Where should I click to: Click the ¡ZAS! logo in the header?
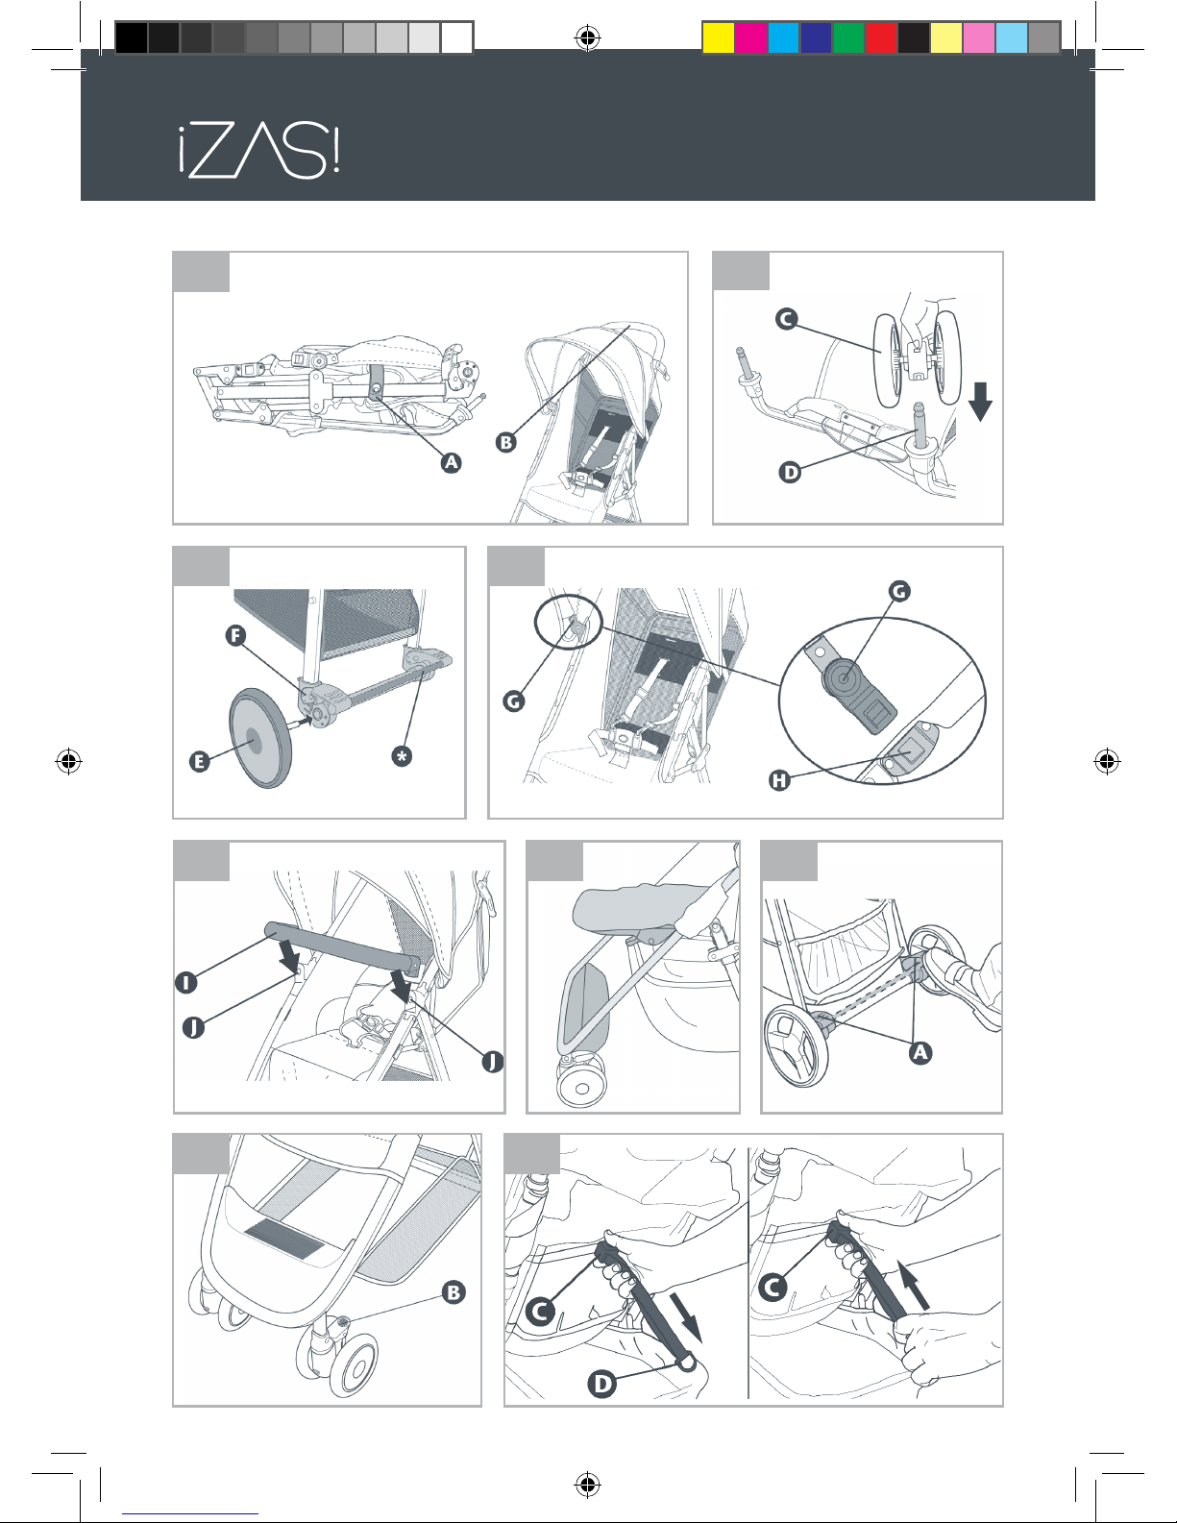coord(259,150)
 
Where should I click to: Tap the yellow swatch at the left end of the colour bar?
coord(718,37)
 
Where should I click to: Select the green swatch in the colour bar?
coord(848,37)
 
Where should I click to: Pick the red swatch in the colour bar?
coord(881,37)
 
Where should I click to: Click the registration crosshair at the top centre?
coord(588,37)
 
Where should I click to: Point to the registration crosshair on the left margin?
coord(68,760)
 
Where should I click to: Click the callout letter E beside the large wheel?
coord(200,761)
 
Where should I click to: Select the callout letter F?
coord(235,636)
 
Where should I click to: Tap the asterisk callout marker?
coord(402,756)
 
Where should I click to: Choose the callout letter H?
coord(779,780)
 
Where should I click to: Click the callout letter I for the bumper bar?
coord(185,983)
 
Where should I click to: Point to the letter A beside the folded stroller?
coord(452,462)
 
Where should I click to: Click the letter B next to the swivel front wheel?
coord(454,1292)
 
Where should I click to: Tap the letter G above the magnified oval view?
coord(899,591)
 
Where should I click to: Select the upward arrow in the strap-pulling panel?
coord(914,1285)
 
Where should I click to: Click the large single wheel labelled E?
coord(259,738)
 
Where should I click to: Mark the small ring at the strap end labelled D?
coord(686,1362)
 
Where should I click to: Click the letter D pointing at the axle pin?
coord(790,473)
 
